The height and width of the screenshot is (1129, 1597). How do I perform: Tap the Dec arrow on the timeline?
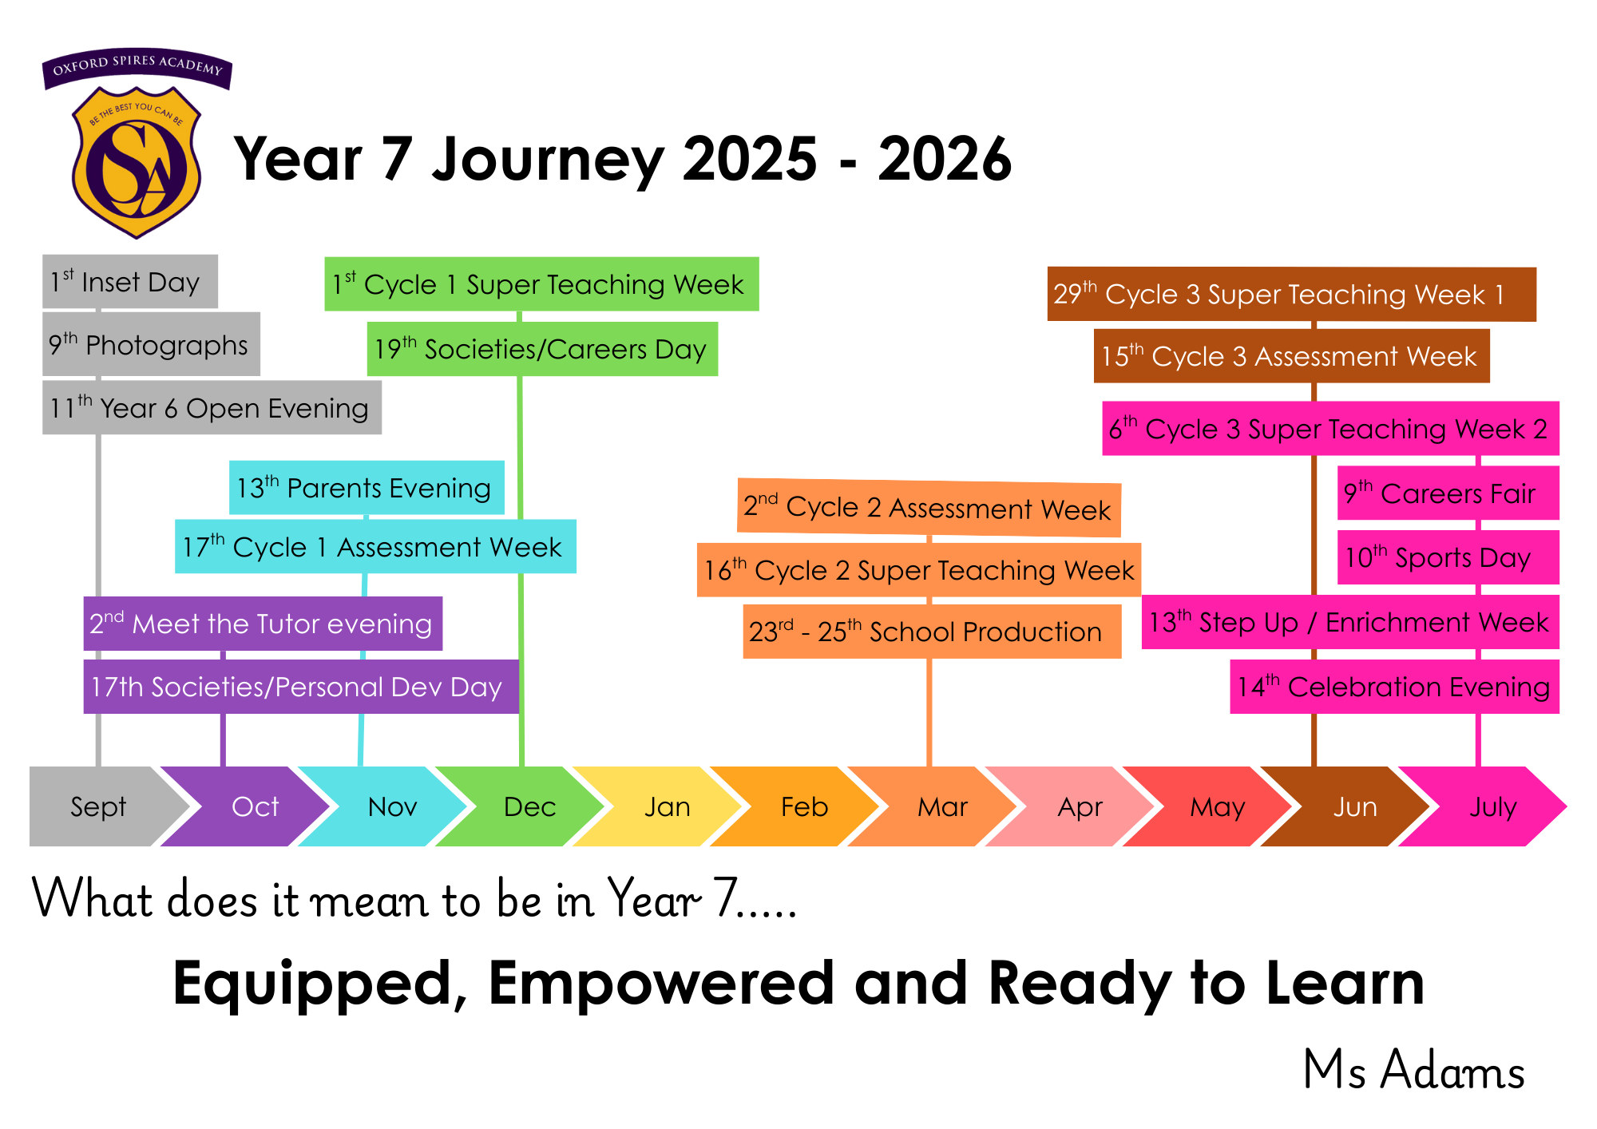pyautogui.click(x=523, y=806)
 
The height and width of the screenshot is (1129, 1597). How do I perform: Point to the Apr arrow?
pyautogui.click(x=1074, y=806)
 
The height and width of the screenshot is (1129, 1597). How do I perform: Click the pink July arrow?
pyautogui.click(x=1485, y=806)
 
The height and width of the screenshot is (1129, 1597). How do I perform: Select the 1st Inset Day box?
pyautogui.click(x=130, y=281)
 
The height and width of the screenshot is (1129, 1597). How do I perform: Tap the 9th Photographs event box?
pyautogui.click(x=151, y=344)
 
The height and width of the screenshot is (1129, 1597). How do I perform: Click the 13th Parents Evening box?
pyautogui.click(x=367, y=488)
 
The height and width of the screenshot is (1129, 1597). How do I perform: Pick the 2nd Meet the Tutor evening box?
pyautogui.click(x=263, y=624)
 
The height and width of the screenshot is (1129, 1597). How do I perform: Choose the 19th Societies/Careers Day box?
pyautogui.click(x=542, y=349)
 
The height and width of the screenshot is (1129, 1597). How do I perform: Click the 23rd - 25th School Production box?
pyautogui.click(x=932, y=632)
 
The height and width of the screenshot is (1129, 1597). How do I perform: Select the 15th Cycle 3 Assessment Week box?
pyautogui.click(x=1292, y=356)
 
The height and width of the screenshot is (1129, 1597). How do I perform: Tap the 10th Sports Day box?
pyautogui.click(x=1448, y=557)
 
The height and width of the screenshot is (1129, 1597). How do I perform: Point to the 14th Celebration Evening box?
pyautogui.click(x=1394, y=687)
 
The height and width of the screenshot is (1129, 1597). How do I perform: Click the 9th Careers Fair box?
pyautogui.click(x=1448, y=493)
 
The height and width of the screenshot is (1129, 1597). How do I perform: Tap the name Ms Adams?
pyautogui.click(x=1413, y=1070)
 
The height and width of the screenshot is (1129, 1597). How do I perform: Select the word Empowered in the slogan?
pyautogui.click(x=661, y=983)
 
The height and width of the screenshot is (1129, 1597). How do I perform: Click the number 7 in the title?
pyautogui.click(x=397, y=158)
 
